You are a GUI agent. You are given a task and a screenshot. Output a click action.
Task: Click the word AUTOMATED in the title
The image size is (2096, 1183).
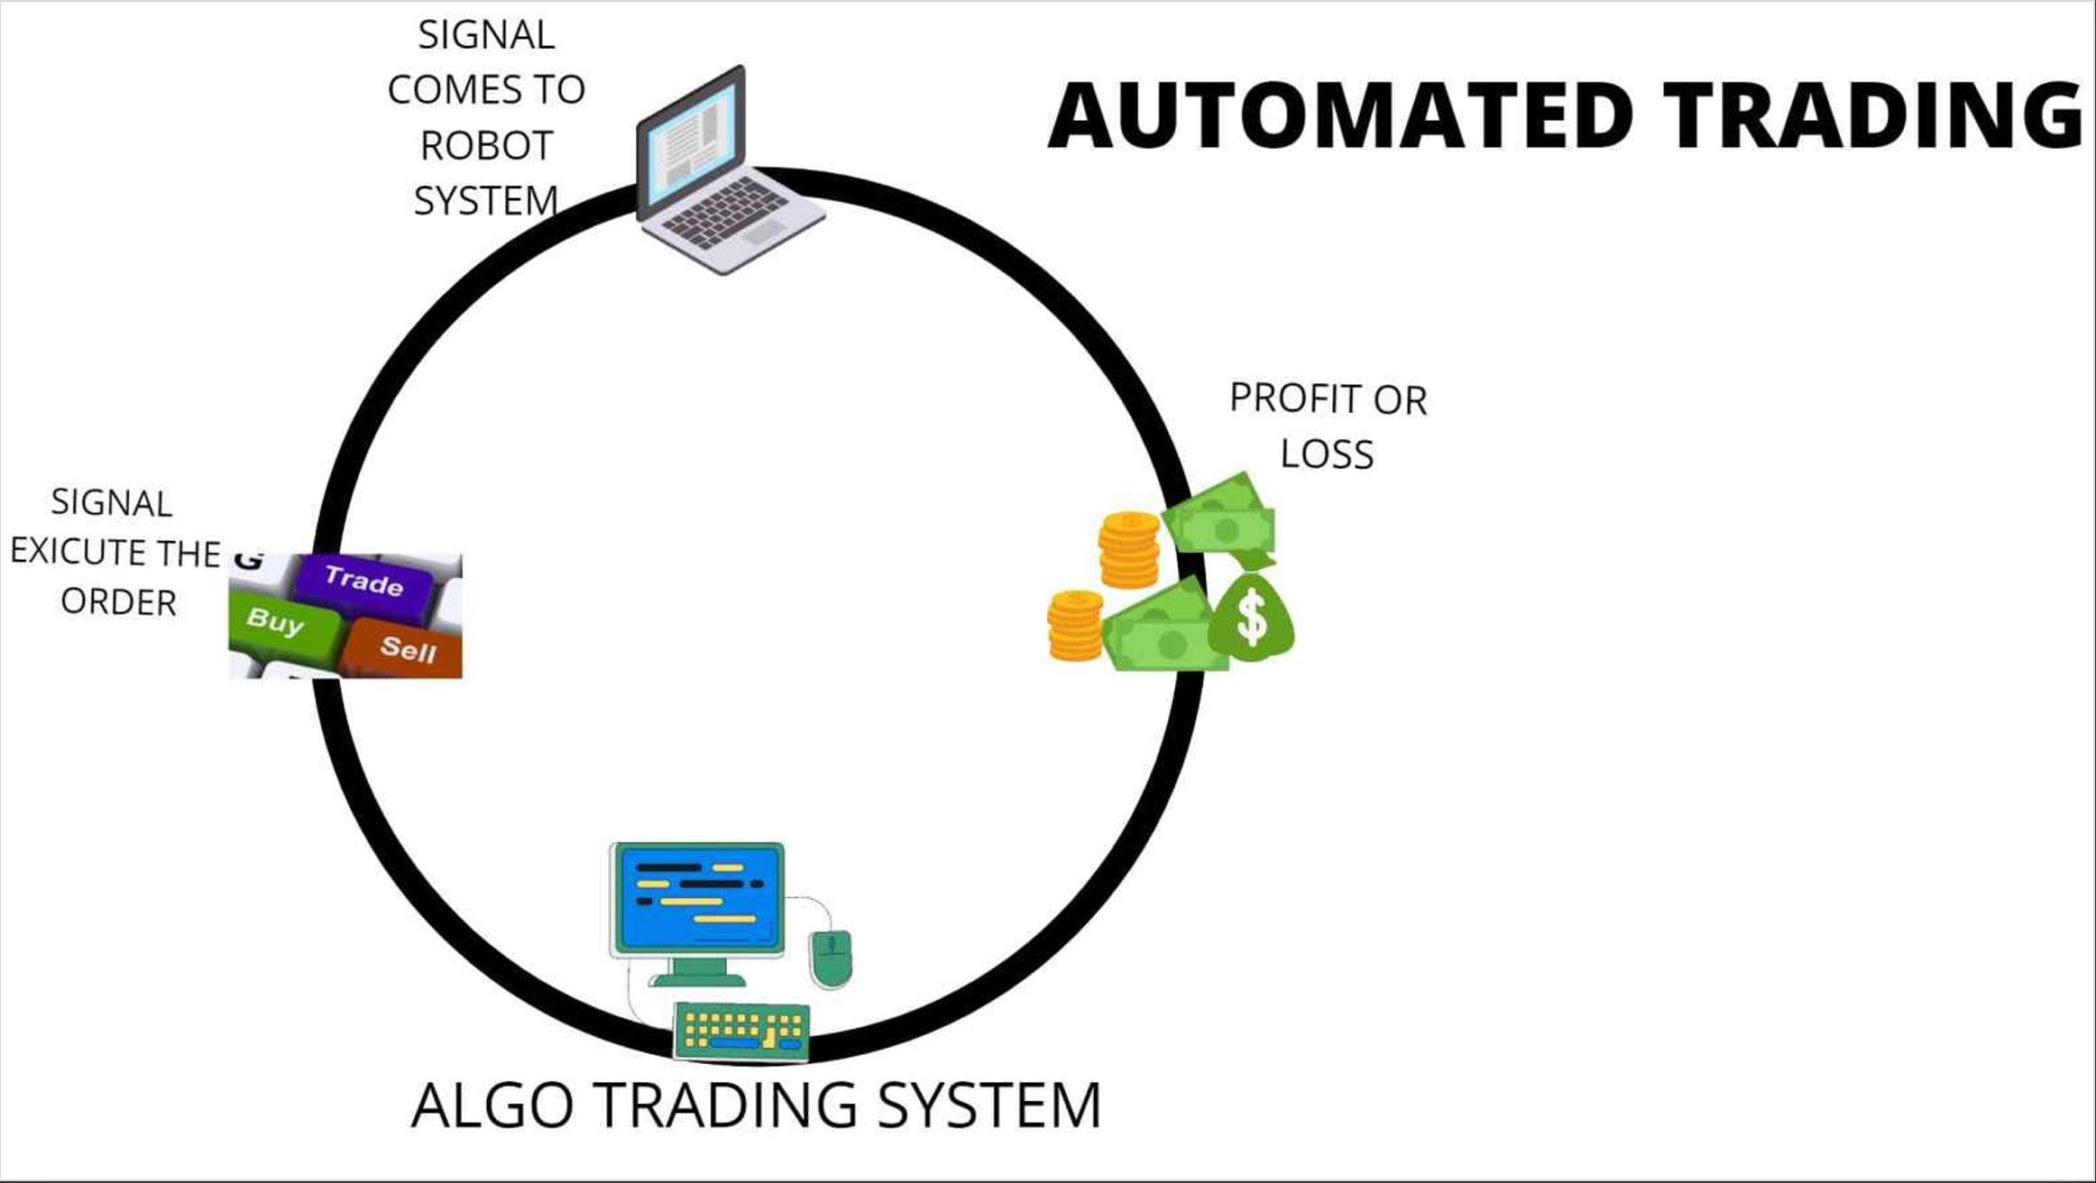click(1341, 115)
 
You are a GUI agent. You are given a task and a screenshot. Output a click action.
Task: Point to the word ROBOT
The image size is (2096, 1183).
click(487, 146)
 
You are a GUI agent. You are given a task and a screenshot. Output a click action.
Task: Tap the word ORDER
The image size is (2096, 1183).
click(118, 602)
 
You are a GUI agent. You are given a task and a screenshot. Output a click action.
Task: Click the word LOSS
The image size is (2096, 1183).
click(1327, 454)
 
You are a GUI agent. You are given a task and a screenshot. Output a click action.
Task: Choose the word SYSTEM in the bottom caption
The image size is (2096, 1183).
click(989, 1105)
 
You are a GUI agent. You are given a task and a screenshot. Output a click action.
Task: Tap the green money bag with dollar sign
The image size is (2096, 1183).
click(1251, 611)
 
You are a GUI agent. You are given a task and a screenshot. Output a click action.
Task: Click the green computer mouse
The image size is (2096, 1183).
click(831, 958)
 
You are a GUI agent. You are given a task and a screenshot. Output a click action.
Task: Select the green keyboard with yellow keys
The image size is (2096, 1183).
click(741, 1030)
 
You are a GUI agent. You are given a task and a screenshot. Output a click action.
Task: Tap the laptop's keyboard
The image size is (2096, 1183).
click(731, 216)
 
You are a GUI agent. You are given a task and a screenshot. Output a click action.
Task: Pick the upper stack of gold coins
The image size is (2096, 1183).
click(1128, 550)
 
